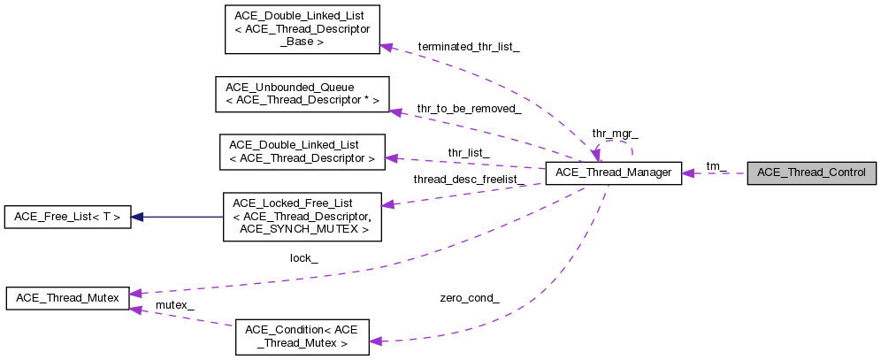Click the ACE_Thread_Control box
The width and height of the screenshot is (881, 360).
(x=811, y=173)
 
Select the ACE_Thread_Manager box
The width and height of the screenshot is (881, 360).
(x=613, y=173)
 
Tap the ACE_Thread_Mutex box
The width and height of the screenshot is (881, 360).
(x=67, y=298)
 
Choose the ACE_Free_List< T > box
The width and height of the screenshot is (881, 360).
(x=67, y=217)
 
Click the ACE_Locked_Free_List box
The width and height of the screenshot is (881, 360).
(x=301, y=217)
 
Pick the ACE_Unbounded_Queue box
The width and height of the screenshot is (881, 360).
(x=302, y=94)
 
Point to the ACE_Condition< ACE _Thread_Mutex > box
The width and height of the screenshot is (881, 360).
(x=302, y=337)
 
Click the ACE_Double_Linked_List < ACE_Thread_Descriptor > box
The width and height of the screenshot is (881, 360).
(x=302, y=151)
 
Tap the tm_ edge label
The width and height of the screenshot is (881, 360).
(x=716, y=166)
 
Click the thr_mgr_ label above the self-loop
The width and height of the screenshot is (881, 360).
(x=615, y=134)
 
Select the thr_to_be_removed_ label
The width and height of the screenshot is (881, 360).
(x=468, y=108)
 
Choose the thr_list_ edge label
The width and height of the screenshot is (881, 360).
(x=468, y=152)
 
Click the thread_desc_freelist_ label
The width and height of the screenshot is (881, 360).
(x=469, y=180)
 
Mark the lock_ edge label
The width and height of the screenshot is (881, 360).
(x=303, y=258)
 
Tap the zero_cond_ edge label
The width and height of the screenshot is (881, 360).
(x=469, y=298)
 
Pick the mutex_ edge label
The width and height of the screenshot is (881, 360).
(x=174, y=305)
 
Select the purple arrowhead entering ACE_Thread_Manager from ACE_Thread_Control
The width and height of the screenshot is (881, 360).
(x=689, y=173)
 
